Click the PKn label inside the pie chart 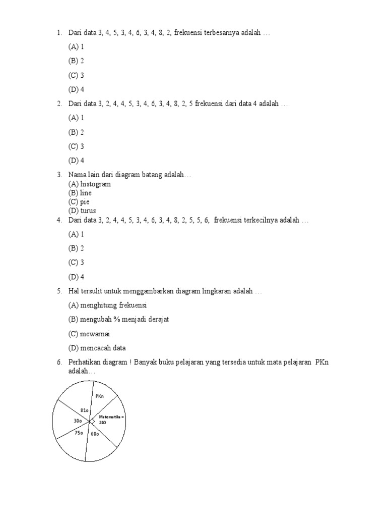point(99,396)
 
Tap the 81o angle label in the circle point(85,410)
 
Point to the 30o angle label point(78,421)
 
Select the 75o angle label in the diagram point(79,433)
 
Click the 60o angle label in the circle point(95,433)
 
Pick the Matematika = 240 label point(111,419)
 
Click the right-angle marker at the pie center point(92,421)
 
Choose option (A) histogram point(90,184)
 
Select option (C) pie point(79,202)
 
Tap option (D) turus point(82,211)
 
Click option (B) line point(80,193)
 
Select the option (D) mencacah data point(97,348)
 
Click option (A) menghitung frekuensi point(108,305)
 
